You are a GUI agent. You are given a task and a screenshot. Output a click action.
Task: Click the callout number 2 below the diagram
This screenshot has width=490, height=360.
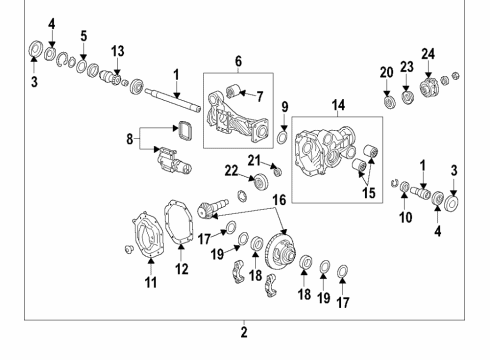pos(243,332)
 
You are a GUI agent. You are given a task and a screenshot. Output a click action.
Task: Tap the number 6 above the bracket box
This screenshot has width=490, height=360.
pos(238,61)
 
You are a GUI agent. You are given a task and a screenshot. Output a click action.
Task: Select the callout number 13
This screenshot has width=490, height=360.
pos(117,51)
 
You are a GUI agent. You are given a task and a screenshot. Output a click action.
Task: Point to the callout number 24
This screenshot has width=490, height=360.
pos(427,53)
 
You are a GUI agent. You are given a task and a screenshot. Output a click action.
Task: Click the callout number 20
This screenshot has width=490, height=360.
pos(387,72)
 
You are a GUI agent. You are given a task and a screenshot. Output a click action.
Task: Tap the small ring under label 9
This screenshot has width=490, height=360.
pos(283,137)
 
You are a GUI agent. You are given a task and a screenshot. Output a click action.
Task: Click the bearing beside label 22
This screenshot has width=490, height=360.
pos(261,180)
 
